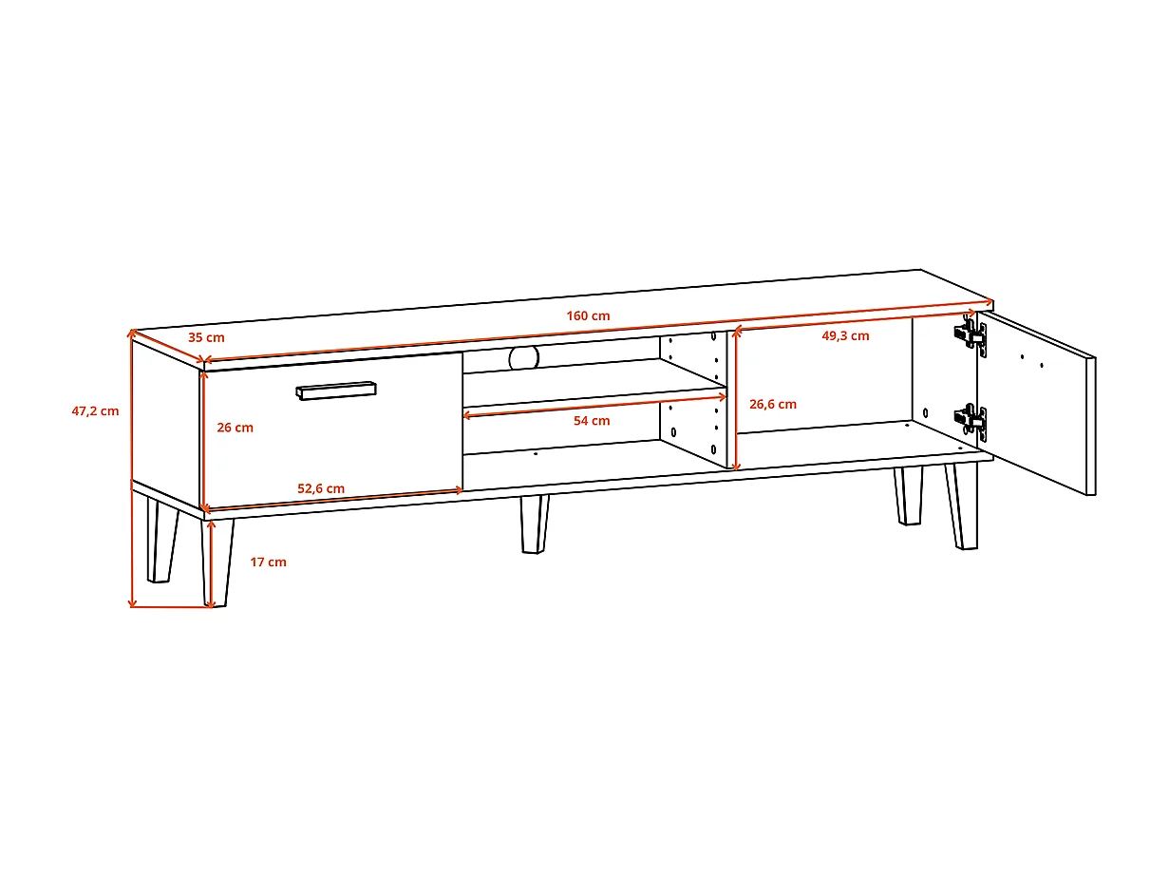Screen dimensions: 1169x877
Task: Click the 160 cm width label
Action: [x=588, y=315]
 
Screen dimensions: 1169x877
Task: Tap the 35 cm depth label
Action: [x=206, y=337]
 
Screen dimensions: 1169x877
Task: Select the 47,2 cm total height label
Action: [x=95, y=410]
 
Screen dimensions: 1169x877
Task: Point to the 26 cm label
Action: [x=235, y=428]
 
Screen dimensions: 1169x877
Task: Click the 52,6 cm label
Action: [x=321, y=488]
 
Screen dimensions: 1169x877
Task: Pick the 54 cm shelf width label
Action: [x=592, y=420]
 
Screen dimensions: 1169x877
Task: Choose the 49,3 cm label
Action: [x=845, y=335]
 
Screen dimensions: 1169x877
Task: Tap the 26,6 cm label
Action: [x=773, y=404]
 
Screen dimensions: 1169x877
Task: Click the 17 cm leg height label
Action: [x=269, y=562]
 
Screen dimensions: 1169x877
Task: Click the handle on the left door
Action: [x=336, y=391]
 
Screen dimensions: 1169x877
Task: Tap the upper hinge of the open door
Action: [x=970, y=334]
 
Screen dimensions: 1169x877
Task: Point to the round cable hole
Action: [x=524, y=357]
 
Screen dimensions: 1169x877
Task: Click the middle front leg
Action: [x=535, y=524]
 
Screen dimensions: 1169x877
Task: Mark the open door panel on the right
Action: [x=1036, y=403]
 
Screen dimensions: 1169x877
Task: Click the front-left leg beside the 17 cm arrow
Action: [x=217, y=562]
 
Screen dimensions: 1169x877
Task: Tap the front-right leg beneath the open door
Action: [x=962, y=505]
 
